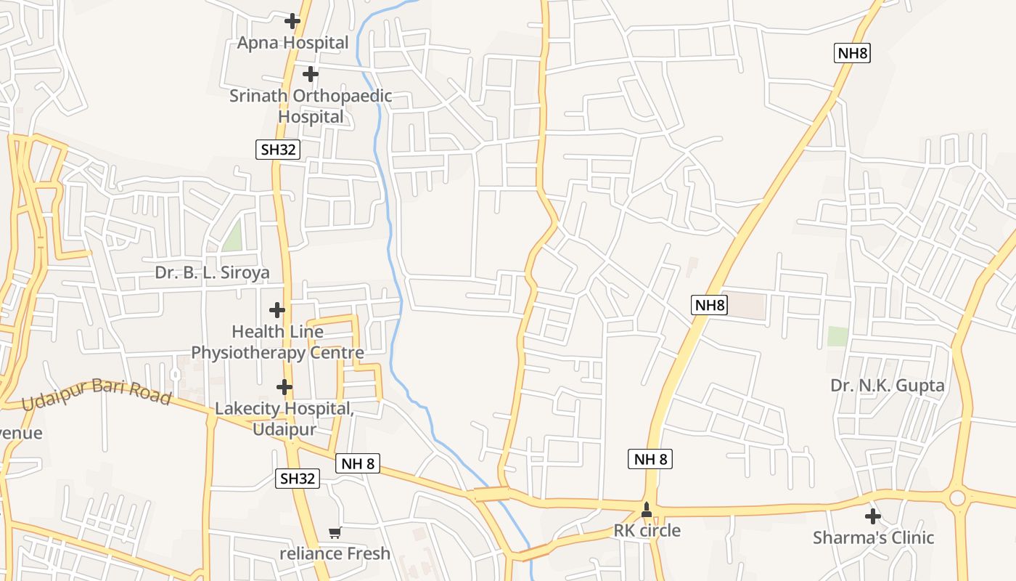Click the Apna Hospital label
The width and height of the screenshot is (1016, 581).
click(292, 43)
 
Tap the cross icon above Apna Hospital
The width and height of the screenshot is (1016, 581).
click(292, 21)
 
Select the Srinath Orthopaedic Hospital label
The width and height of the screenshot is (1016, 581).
click(311, 106)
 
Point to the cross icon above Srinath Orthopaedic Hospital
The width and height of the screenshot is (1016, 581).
click(311, 74)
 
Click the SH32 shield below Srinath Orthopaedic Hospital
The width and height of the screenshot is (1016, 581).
click(279, 150)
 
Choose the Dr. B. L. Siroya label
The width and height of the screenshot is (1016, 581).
click(212, 272)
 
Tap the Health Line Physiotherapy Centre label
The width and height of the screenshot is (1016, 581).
click(276, 342)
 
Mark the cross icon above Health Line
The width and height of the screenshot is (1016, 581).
click(276, 310)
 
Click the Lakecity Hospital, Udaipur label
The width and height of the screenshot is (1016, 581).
click(284, 419)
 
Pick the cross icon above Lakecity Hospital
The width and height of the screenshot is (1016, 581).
click(284, 387)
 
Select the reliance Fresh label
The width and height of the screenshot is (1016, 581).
click(335, 553)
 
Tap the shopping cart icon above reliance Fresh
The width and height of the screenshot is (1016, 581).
click(335, 533)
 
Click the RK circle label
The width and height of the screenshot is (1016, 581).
click(647, 530)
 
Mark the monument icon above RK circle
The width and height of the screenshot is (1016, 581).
click(647, 511)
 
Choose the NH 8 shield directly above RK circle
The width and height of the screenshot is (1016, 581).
click(650, 459)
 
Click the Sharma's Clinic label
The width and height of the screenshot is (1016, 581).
click(873, 538)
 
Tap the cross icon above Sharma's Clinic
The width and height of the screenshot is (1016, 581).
click(873, 516)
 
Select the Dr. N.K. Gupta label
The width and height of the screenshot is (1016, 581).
click(887, 385)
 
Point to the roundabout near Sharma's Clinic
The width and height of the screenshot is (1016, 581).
click(957, 498)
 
